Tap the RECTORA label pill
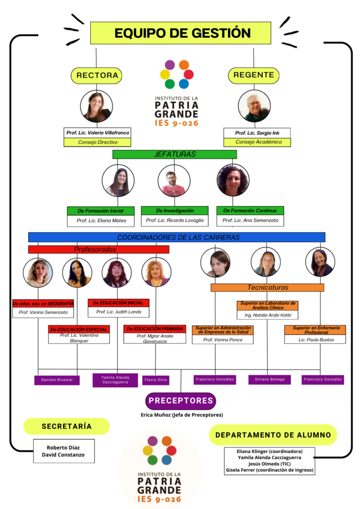[x=97, y=75]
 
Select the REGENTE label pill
[x=254, y=75]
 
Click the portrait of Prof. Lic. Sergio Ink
[x=254, y=105]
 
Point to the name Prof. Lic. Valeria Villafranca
[x=98, y=133]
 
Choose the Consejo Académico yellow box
[x=257, y=142]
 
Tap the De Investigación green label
[x=174, y=210]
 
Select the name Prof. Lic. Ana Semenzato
[x=250, y=220]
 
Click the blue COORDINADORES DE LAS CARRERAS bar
[x=177, y=237]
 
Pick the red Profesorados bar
[x=98, y=249]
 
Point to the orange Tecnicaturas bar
[x=267, y=288]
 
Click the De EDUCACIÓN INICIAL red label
[x=118, y=303]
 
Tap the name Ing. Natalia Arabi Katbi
[x=267, y=316]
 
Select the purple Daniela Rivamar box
[x=57, y=380]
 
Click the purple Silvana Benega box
[x=269, y=380]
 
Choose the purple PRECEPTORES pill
[x=181, y=401]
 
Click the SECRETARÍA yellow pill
[x=67, y=426]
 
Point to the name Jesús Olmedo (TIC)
[x=269, y=464]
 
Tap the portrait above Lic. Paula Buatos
[x=320, y=262]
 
